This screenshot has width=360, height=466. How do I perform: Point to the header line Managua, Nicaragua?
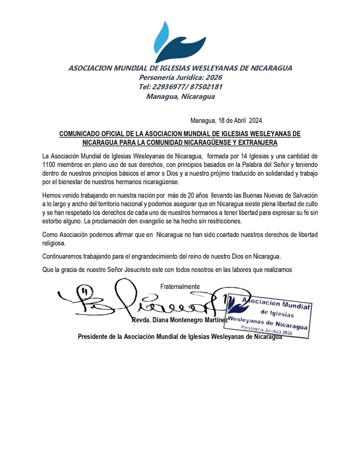click(180, 96)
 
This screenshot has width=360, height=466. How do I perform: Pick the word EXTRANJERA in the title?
click(257, 143)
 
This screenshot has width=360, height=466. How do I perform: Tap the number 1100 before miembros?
click(49, 164)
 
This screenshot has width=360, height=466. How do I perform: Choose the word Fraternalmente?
click(180, 287)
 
